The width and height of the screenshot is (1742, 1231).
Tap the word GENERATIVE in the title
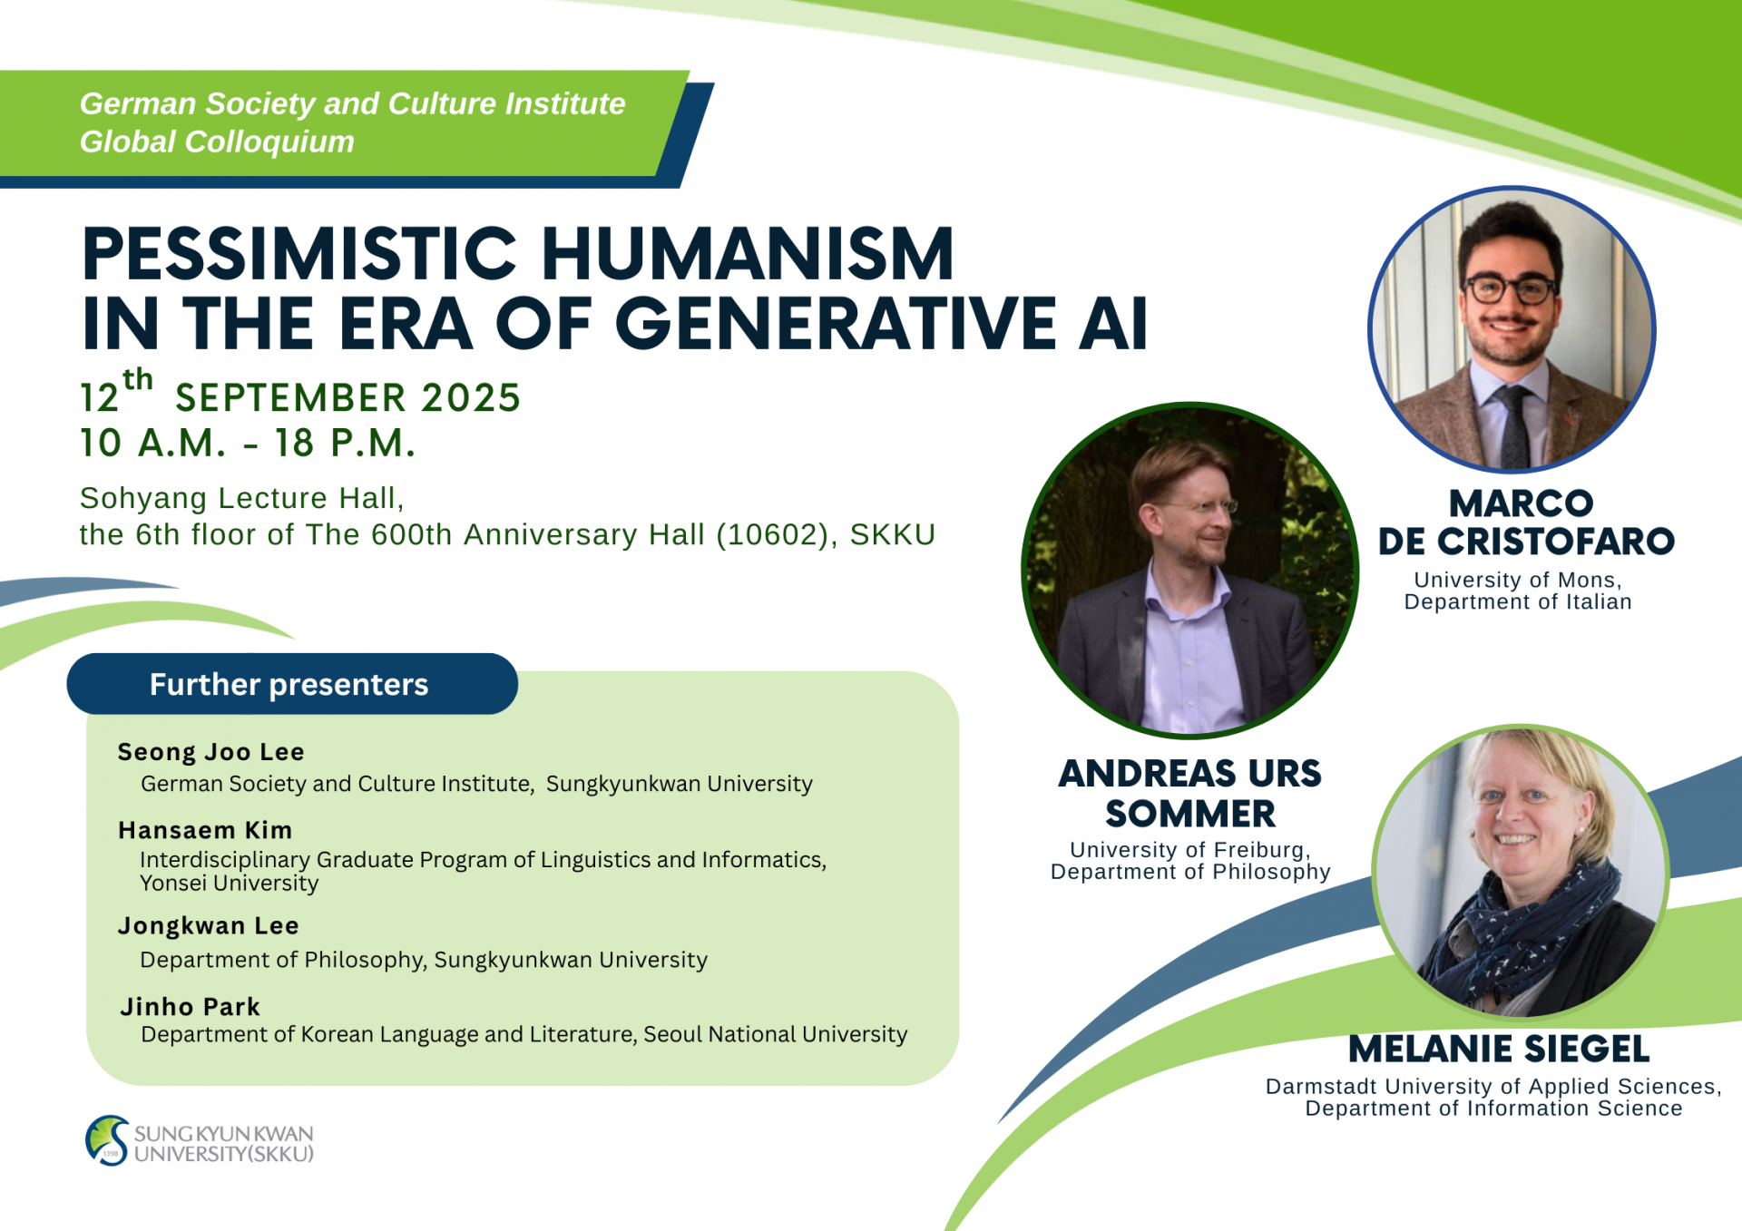836,323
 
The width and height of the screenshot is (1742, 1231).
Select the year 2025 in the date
471,397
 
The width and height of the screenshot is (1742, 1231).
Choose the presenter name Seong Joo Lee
210,752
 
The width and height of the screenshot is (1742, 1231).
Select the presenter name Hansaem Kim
205,830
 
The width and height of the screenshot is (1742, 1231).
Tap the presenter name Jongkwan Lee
208,925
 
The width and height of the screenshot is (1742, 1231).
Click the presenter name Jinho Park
191,1007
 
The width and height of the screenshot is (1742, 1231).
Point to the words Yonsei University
230,883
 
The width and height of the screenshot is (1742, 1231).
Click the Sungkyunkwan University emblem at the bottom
107,1140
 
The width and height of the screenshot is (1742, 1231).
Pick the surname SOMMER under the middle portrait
1190,814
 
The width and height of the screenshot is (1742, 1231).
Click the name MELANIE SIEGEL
1499,1049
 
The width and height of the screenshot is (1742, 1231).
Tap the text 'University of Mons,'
1518,580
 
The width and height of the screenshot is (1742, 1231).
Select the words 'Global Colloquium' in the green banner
217,142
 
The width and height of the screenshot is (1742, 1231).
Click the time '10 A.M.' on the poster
153,443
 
